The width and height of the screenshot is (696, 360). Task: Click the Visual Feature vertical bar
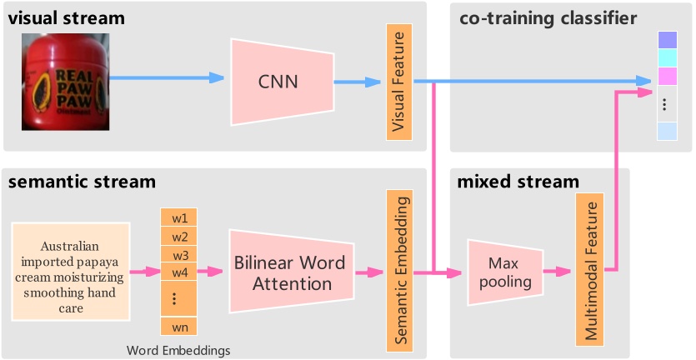tap(400, 81)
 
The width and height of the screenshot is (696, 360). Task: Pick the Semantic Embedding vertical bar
tap(400, 272)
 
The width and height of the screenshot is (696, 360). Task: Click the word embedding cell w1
tap(178, 218)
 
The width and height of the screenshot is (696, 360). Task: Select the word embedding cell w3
tap(178, 254)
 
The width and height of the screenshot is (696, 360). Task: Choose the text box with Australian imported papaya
tap(71, 272)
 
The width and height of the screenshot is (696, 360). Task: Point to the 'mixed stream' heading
tap(518, 182)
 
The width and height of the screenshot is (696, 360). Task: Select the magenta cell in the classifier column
tap(668, 77)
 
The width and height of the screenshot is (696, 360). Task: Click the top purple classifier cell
tap(668, 40)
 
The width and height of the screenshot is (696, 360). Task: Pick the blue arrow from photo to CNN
tap(167, 78)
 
